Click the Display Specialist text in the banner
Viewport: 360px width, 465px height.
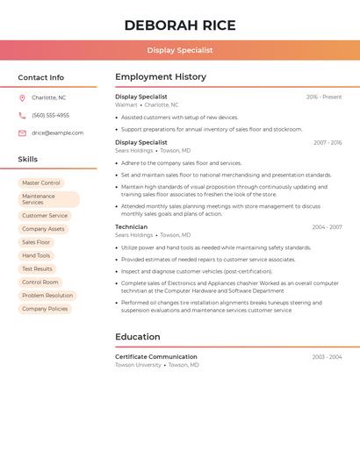pos(180,50)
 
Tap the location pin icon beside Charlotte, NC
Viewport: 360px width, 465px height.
pos(22,97)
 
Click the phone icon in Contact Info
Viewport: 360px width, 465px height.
pos(22,115)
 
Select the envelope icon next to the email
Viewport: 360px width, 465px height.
pos(22,133)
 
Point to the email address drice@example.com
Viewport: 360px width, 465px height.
pos(57,133)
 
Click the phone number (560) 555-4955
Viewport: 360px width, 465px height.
pos(50,115)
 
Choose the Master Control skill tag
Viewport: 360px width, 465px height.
pos(41,182)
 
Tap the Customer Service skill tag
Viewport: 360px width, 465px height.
pos(45,215)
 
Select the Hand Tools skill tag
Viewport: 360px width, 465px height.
pos(36,255)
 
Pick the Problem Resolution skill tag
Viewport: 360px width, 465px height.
pos(47,296)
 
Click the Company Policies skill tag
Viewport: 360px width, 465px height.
pos(45,309)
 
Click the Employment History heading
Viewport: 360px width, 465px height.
pos(161,77)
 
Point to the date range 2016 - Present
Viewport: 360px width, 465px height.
pos(324,97)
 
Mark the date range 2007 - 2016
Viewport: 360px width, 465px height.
pos(328,142)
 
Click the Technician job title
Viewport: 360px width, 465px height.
pos(131,227)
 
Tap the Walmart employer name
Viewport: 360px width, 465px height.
pos(126,105)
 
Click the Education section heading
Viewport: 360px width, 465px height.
pos(138,337)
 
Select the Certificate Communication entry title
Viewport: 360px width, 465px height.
pos(156,357)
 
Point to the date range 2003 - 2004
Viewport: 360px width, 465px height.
pos(327,357)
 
